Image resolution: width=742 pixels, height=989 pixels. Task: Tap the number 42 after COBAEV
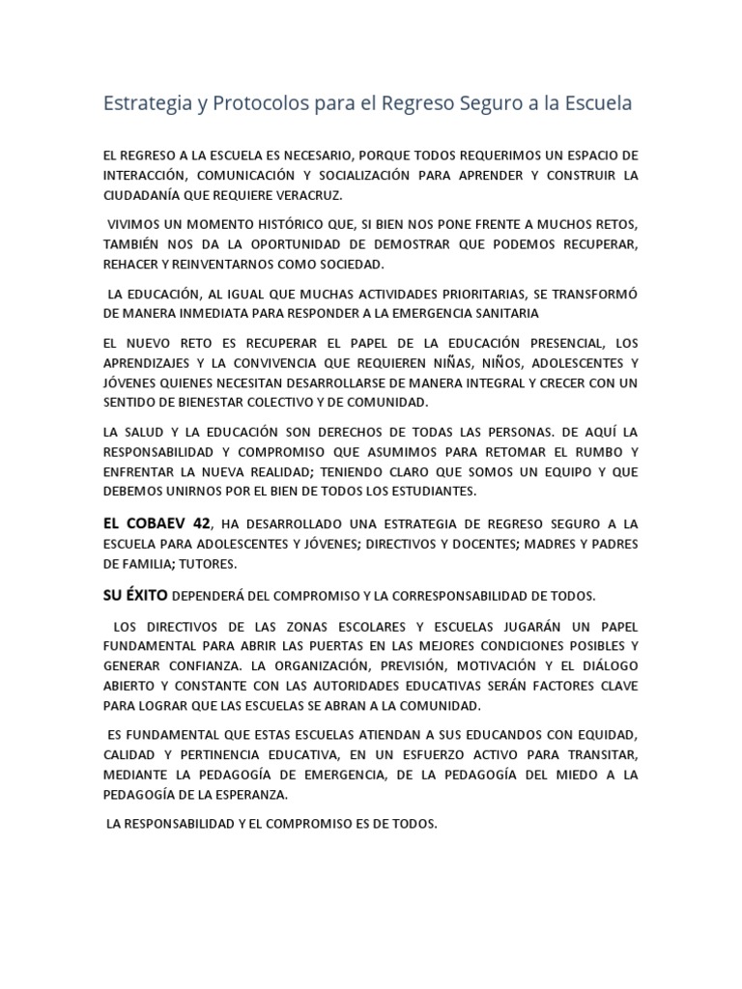pos(201,523)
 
